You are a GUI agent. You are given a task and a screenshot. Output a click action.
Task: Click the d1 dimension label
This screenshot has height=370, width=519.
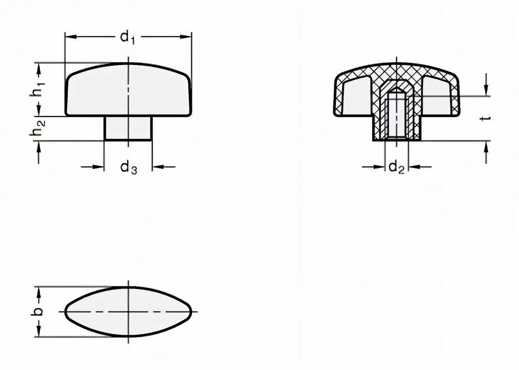coord(128,38)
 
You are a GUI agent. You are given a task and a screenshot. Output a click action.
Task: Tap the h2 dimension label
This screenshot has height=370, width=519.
coord(38,129)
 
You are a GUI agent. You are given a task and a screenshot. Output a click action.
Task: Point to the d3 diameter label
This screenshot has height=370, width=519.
coord(128,167)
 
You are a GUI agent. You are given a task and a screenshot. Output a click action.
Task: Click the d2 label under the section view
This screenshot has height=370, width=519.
coord(396,167)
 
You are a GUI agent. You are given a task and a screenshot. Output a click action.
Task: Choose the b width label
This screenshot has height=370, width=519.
coord(38,312)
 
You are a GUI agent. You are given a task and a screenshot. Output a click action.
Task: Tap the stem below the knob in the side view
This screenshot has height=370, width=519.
coord(128,128)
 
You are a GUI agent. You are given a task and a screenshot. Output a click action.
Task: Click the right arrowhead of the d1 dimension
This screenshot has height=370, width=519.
coord(187,37)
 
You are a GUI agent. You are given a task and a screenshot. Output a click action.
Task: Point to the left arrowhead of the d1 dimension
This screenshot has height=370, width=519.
coord(69,37)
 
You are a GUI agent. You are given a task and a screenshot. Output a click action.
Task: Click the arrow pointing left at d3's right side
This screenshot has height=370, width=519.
coord(156,167)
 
